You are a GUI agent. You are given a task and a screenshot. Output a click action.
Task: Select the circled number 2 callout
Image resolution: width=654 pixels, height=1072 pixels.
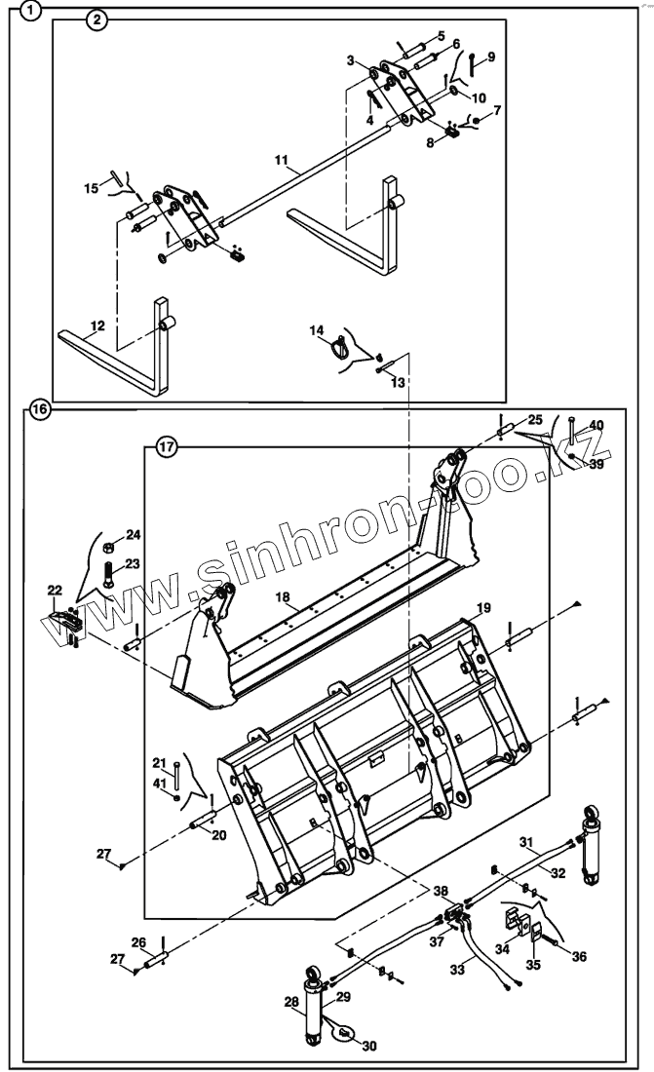96,19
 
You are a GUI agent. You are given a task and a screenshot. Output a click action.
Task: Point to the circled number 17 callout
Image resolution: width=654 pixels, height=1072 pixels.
167,448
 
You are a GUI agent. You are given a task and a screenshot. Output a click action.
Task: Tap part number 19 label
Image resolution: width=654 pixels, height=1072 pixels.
482,607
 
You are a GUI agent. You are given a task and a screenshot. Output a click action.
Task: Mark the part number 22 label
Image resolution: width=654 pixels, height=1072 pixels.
55,591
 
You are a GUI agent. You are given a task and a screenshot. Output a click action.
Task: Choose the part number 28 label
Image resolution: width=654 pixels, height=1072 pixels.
291,1002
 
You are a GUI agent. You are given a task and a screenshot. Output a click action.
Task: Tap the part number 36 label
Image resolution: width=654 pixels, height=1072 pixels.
580,957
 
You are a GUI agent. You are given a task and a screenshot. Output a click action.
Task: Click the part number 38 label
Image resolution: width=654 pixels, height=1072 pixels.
442,892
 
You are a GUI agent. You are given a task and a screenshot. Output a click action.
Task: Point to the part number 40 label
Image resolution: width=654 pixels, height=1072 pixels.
596,425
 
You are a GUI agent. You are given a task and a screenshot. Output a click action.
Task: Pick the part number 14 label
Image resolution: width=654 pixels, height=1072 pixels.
317,332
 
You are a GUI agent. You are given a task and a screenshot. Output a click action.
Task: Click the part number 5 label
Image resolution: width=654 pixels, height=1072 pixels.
441,36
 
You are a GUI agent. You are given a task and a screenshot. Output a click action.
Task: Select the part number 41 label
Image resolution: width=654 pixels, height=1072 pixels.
160,782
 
